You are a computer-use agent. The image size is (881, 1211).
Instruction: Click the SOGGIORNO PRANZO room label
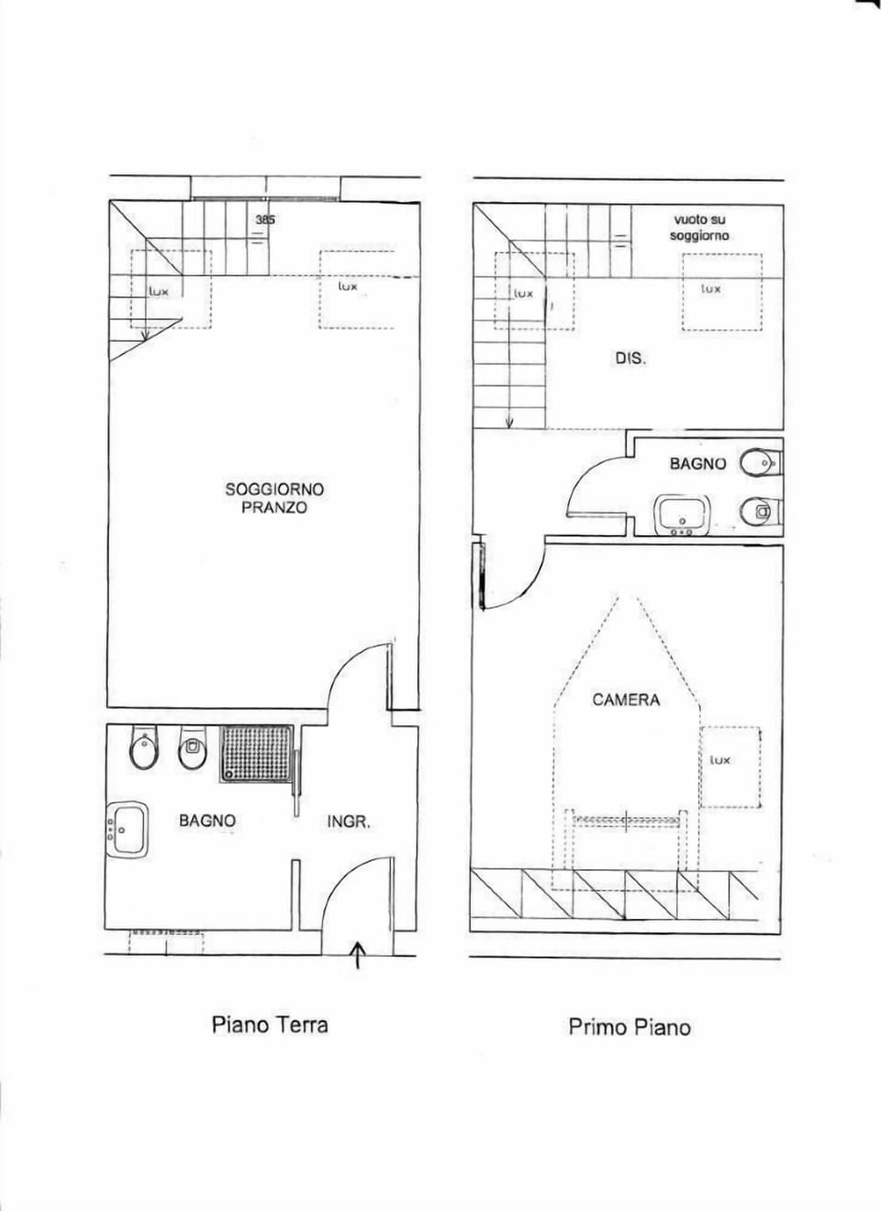pos(274,499)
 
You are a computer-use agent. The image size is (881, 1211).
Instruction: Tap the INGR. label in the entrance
pos(349,823)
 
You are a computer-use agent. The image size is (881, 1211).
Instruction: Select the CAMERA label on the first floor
pos(626,701)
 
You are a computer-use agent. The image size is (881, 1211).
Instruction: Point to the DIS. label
pos(630,358)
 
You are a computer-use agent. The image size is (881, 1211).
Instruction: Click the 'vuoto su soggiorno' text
pos(699,228)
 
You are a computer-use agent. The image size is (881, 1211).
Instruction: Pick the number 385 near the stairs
pos(265,220)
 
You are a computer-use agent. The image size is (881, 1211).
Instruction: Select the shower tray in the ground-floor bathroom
pos(257,754)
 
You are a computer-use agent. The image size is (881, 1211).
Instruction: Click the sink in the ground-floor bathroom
pos(128,829)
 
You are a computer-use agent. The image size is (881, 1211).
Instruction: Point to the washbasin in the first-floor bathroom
pos(680,516)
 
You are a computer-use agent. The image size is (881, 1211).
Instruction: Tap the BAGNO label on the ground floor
pos(207,821)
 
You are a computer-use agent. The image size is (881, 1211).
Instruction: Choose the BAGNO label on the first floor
pos(697,464)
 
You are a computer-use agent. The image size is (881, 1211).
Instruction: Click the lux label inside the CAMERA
pos(719,760)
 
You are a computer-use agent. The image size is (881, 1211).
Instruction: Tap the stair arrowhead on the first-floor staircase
pos(508,424)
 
